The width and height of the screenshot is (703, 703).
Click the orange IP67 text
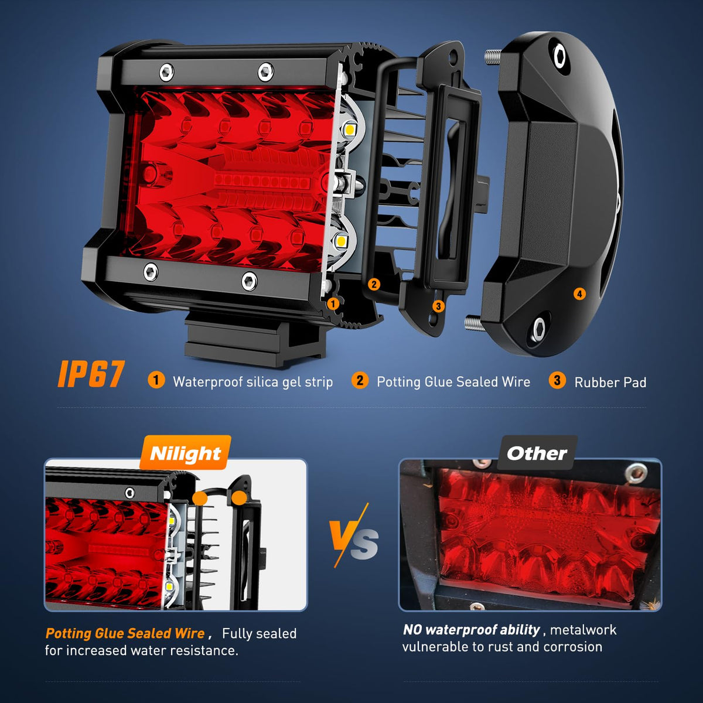point(91,374)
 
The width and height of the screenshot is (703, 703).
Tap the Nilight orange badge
point(185,453)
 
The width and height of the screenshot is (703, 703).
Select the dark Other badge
point(537,453)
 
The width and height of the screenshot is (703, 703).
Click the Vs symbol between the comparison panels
point(353,535)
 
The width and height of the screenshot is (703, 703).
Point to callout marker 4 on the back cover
point(579,294)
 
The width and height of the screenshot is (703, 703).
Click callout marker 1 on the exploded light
point(333,303)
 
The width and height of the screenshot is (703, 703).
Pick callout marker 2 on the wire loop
point(374,284)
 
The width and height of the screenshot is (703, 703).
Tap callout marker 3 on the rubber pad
point(439,306)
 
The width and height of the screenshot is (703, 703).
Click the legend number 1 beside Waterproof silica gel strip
point(156,380)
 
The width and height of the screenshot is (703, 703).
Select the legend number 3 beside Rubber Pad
point(557,380)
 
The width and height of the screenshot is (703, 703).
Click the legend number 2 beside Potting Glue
point(360,380)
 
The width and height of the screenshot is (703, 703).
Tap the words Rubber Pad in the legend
point(610,382)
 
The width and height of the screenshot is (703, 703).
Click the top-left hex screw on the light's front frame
point(167,72)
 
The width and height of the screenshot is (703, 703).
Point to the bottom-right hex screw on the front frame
point(249,281)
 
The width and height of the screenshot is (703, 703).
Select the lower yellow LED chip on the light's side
point(342,240)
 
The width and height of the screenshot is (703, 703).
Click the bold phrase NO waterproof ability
point(472,630)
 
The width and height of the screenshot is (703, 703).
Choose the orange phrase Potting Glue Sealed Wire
point(125,633)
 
